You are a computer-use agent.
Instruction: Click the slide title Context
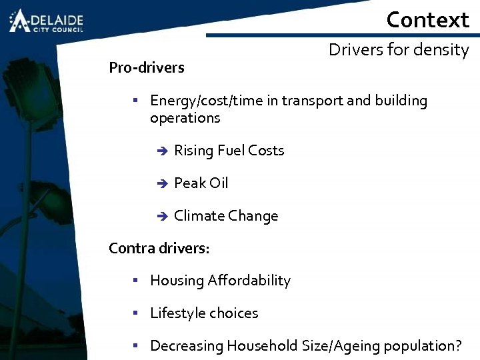pos(427,19)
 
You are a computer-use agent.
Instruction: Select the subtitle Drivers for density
pos(399,50)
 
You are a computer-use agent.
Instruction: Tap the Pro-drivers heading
pos(147,67)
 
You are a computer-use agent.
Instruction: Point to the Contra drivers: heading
pos(159,248)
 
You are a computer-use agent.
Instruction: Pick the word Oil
pos(218,183)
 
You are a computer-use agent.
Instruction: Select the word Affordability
pos(250,281)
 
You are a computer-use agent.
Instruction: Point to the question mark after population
pos(457,345)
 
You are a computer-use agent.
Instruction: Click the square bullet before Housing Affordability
pos(135,281)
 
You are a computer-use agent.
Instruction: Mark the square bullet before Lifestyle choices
pos(135,313)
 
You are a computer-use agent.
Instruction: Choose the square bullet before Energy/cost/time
pos(135,101)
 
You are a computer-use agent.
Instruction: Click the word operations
pos(185,118)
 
